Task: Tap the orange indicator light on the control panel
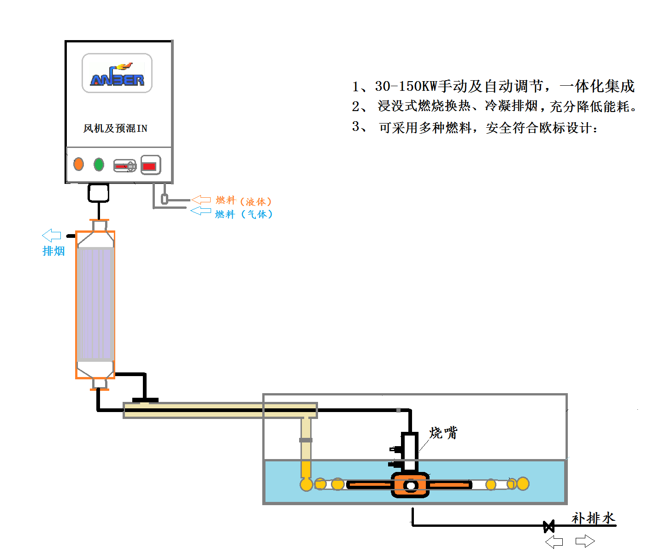pos(79,164)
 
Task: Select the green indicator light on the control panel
pos(99,164)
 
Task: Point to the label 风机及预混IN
pos(115,128)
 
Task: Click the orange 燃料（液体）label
pos(244,201)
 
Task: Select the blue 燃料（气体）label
pos(244,214)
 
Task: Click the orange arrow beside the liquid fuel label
pos(201,200)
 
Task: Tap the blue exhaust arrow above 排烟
pos(52,235)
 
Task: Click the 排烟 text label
pos(53,251)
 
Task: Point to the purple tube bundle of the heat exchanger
pos(95,304)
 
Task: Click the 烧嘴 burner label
pos(443,433)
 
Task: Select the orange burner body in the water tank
pos(410,485)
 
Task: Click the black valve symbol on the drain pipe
pos(548,526)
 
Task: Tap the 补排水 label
pos(593,518)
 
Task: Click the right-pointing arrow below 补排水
pos(585,541)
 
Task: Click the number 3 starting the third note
pos(355,126)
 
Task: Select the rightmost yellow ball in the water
pos(523,483)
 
